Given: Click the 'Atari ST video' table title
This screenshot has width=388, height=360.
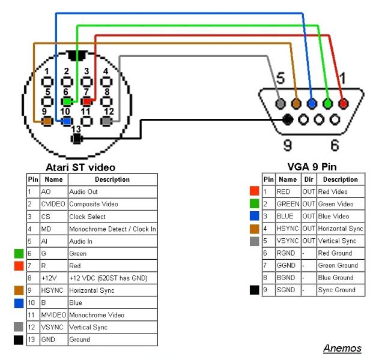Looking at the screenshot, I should [80, 167].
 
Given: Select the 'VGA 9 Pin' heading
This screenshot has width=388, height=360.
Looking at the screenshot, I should [312, 167].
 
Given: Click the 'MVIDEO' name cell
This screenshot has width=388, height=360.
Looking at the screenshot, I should [53, 314].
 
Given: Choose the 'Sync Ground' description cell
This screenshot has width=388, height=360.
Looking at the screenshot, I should [336, 290].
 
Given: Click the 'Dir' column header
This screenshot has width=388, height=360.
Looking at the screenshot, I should [308, 179].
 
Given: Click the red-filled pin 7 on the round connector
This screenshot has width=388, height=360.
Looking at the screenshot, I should [87, 101].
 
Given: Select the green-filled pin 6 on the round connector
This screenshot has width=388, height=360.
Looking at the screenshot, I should [67, 101].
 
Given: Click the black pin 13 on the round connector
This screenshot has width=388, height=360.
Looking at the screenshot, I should [76, 139].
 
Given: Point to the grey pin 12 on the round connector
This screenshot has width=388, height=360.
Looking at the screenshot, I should [107, 121].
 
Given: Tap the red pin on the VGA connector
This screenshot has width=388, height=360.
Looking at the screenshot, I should [343, 103].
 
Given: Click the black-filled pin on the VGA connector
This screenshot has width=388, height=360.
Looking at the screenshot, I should [288, 119].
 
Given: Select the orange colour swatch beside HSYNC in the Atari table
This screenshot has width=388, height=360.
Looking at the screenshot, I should [19, 290].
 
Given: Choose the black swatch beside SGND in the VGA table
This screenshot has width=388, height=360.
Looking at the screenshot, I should [254, 290].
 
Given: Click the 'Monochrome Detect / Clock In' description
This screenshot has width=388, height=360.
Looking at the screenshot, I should [112, 229].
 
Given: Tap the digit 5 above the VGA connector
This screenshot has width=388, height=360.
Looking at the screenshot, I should [280, 79].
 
